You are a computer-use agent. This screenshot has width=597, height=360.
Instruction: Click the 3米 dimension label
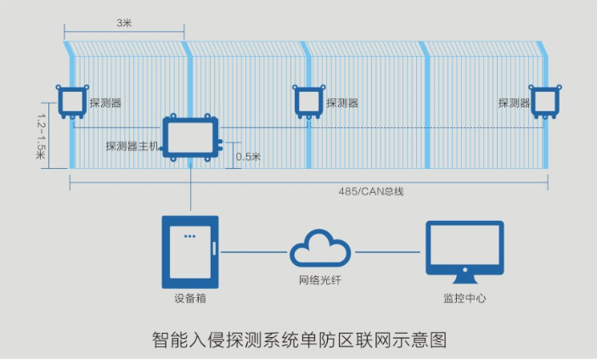(x=124, y=23)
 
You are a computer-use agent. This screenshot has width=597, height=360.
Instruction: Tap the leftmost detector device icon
(x=70, y=102)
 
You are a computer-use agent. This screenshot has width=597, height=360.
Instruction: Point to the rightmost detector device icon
(x=544, y=102)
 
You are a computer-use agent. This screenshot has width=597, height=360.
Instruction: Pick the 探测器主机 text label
(x=132, y=146)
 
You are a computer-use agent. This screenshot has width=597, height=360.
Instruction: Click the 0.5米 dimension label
(x=247, y=156)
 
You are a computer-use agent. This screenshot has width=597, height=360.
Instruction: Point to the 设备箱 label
(x=190, y=299)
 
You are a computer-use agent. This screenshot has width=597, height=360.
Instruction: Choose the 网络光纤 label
(x=320, y=281)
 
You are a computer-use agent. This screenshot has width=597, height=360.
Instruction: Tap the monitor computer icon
(x=465, y=250)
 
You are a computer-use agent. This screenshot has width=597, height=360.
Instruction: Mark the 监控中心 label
(x=465, y=299)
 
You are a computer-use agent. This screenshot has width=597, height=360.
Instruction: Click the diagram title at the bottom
(x=298, y=339)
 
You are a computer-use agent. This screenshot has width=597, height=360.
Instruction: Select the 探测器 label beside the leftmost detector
(x=104, y=103)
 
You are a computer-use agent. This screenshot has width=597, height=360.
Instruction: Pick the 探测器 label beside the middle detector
(x=341, y=103)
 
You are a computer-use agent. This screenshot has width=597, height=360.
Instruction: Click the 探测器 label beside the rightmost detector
(x=514, y=103)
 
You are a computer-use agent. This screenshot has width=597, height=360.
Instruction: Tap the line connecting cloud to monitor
(x=386, y=252)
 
